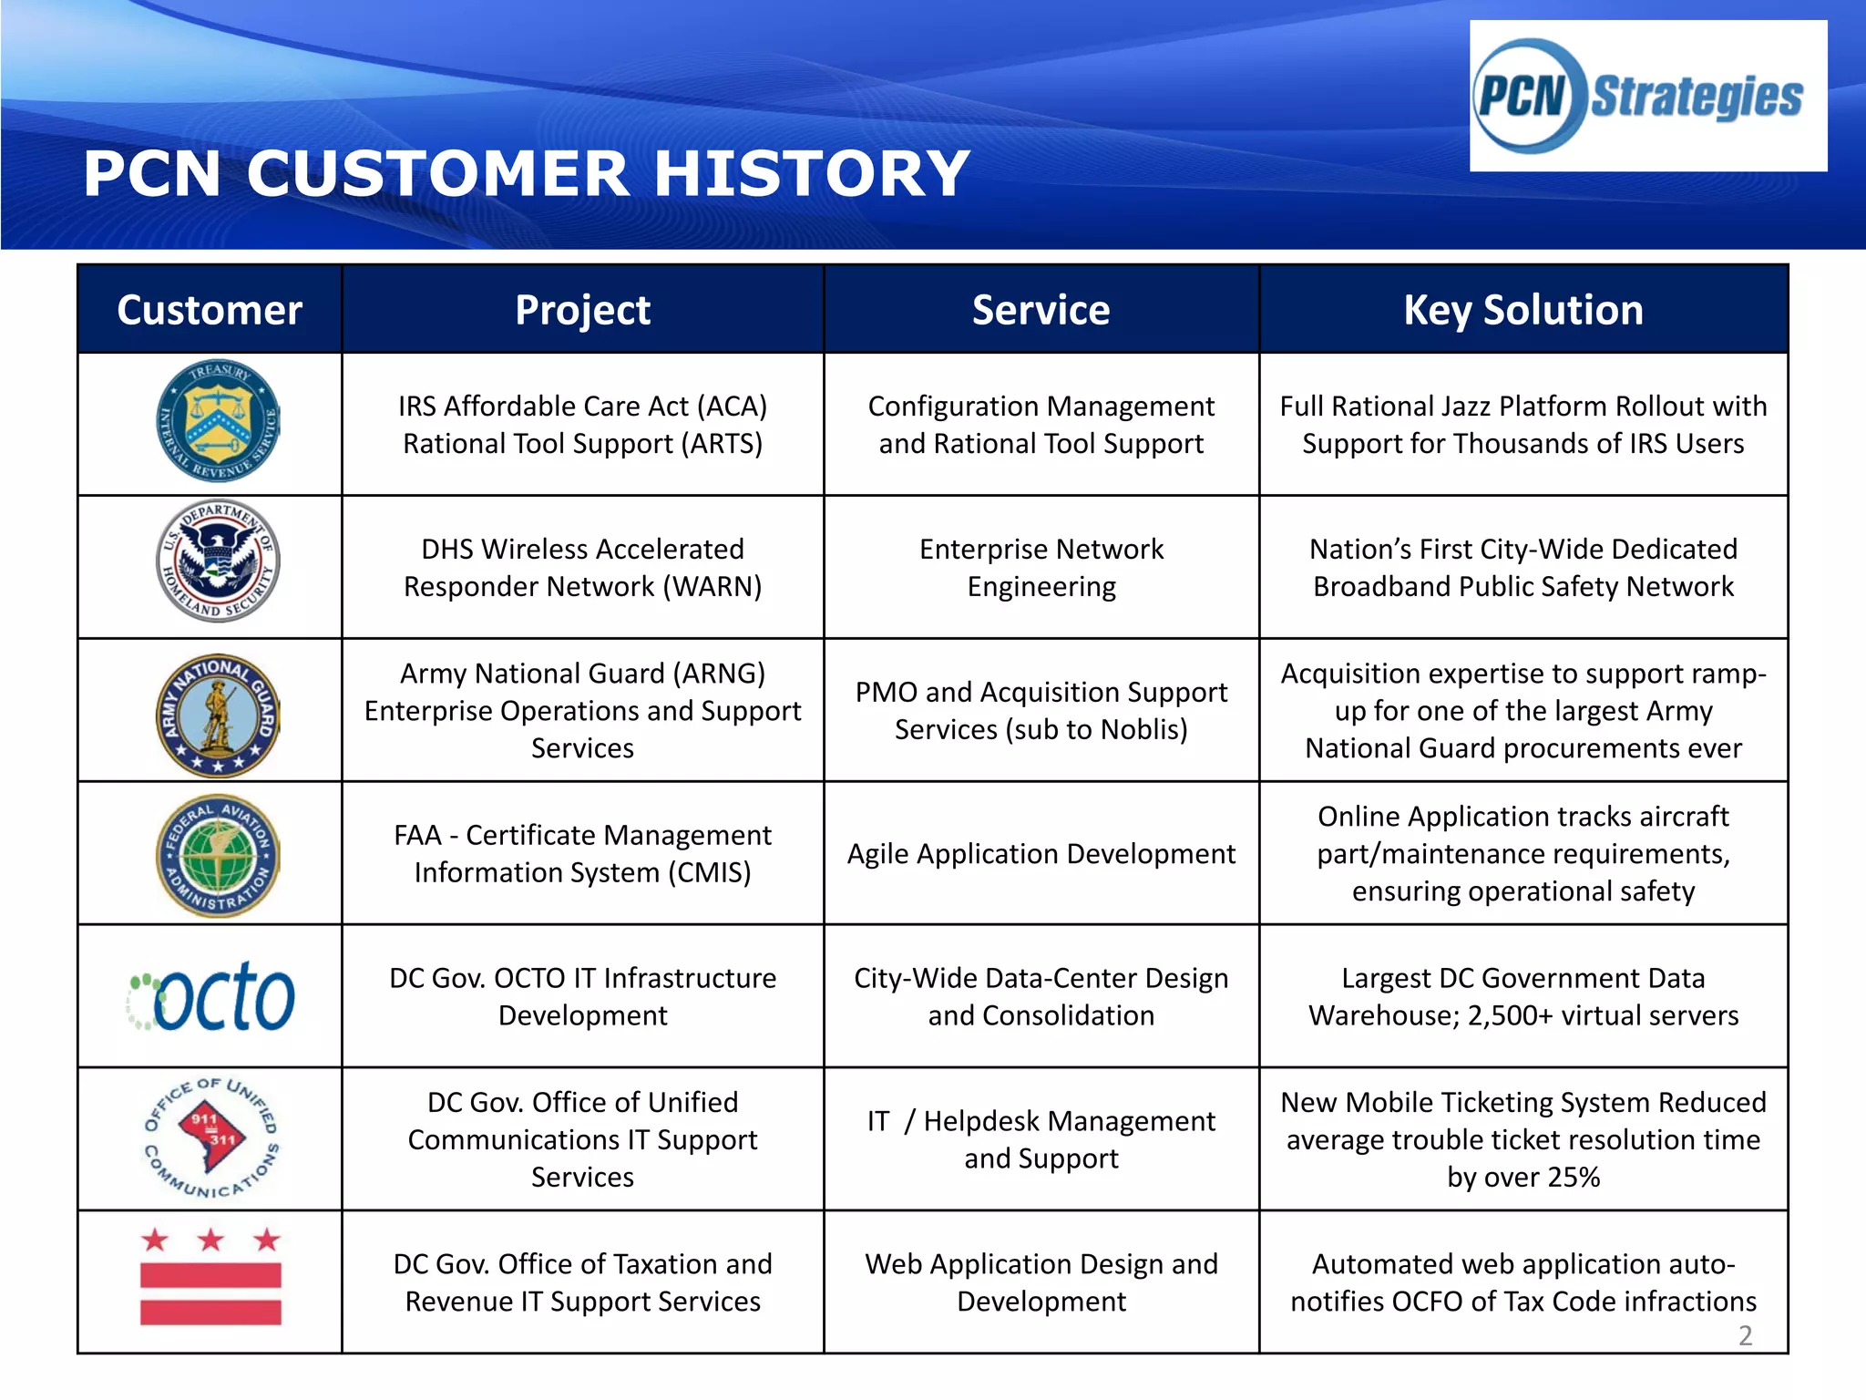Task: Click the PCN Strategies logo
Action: (x=1647, y=96)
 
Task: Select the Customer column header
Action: (x=210, y=310)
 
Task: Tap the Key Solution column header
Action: (x=1523, y=310)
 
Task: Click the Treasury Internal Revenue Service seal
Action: (x=218, y=421)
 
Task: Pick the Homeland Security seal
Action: (x=218, y=561)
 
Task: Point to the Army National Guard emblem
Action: (x=218, y=715)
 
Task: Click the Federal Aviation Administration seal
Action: (x=218, y=855)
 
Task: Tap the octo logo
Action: (x=211, y=996)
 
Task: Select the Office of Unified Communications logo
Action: (x=211, y=1138)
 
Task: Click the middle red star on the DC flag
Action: (x=211, y=1240)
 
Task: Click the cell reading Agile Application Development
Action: (x=1041, y=854)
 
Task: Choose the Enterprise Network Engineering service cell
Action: (x=1041, y=567)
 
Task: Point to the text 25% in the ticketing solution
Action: (x=1573, y=1177)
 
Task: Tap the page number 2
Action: (x=1745, y=1335)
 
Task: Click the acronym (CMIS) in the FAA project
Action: (x=709, y=872)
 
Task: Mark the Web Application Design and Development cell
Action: (x=1041, y=1282)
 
